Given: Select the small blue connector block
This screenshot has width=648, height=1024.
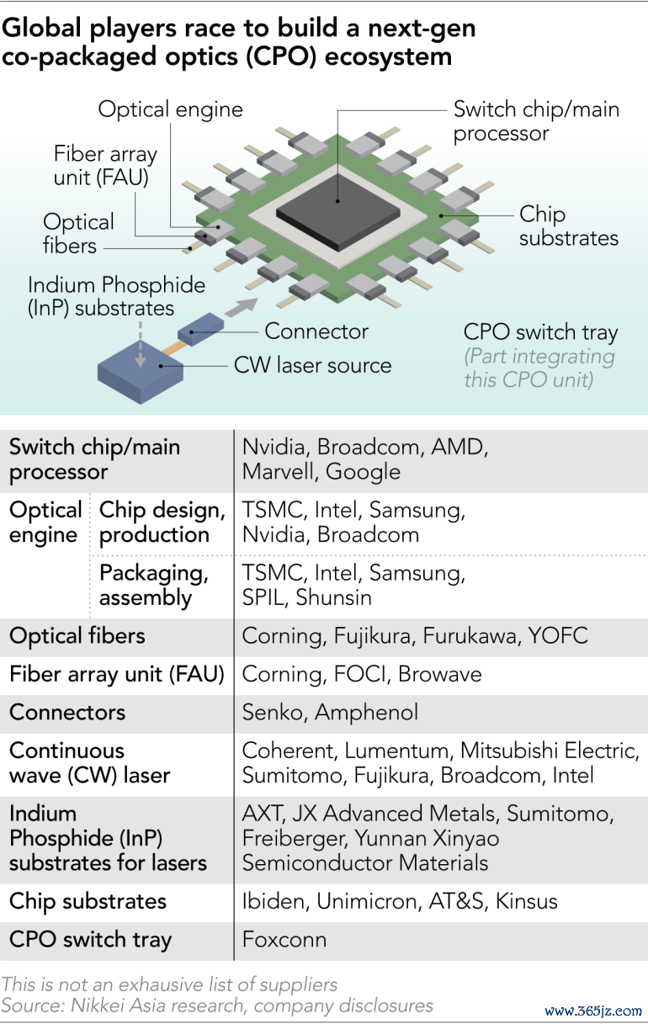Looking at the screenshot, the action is tap(201, 329).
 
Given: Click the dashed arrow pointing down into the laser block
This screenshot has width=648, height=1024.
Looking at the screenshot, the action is tap(141, 344).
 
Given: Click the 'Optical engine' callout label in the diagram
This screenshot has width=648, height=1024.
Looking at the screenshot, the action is tap(170, 109).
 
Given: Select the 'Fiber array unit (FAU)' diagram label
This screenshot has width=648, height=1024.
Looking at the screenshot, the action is tap(105, 165).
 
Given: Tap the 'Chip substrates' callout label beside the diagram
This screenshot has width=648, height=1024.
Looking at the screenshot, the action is tap(568, 225).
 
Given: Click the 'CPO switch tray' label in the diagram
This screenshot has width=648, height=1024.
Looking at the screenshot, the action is tap(540, 332).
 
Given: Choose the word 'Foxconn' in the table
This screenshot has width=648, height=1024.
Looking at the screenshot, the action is tap(284, 939).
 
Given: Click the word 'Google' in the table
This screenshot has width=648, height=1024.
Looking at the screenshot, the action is tap(363, 471).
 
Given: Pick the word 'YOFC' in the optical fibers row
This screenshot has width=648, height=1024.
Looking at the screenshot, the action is tap(558, 635).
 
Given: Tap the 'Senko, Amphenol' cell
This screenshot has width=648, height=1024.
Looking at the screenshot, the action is tap(330, 712).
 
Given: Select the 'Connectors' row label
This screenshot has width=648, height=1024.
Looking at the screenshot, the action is tap(67, 712).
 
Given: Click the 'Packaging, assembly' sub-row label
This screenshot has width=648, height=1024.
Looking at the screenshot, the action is tap(154, 585).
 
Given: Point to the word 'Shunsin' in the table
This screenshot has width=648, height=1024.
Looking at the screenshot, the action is tap(333, 597).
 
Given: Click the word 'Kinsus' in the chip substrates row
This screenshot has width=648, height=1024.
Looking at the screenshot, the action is tap(526, 901).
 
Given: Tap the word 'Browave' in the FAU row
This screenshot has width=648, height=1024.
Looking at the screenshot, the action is tap(439, 674).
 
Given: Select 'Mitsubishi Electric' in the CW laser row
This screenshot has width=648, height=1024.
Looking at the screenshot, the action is tap(549, 751).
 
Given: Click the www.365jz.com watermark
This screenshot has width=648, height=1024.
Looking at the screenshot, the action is tap(593, 1011).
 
